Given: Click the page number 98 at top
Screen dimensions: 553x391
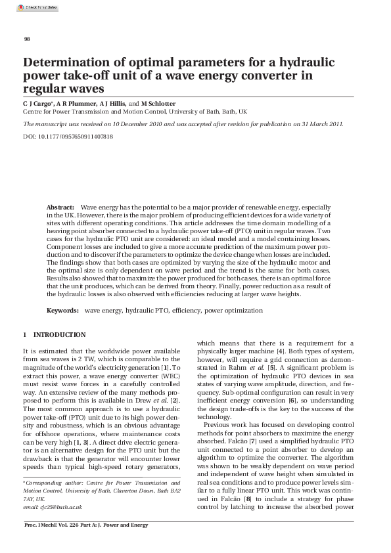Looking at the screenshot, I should [x=27, y=39].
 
